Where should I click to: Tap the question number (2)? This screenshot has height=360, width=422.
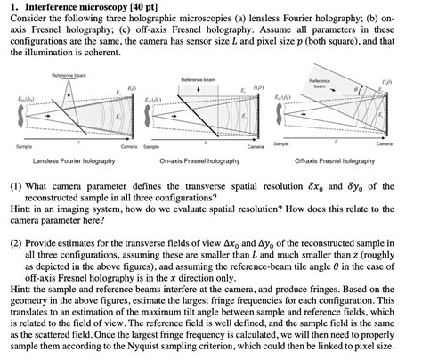coord(19,241)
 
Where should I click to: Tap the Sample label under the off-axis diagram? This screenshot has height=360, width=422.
coord(282,143)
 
